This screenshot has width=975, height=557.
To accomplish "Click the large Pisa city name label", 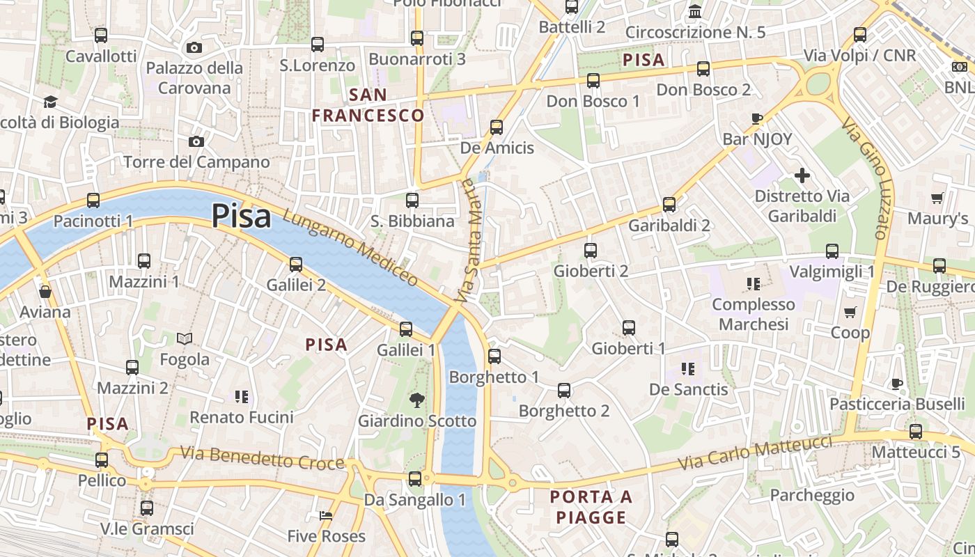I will [x=241, y=216].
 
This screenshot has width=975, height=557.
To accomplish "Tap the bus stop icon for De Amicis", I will [x=496, y=127].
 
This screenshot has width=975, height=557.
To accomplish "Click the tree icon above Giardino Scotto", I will [x=416, y=400].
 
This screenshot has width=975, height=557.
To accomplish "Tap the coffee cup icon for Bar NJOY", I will [x=757, y=118].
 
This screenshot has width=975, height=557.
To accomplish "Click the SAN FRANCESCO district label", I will [x=368, y=105].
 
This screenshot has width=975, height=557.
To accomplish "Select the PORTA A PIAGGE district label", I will [x=591, y=507].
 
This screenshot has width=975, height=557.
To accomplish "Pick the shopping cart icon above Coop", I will [x=850, y=312].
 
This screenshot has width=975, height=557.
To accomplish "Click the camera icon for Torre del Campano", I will [x=196, y=142].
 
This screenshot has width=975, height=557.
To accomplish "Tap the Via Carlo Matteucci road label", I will [x=756, y=452].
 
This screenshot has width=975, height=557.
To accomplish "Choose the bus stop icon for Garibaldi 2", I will [x=669, y=205].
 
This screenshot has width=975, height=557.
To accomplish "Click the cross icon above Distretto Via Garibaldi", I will [x=802, y=175].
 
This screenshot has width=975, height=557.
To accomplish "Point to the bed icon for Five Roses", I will [x=325, y=516].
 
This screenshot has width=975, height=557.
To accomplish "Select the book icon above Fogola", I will [x=184, y=339].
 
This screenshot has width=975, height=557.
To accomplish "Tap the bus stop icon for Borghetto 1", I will [x=494, y=356].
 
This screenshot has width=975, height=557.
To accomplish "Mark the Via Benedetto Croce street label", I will [x=263, y=457].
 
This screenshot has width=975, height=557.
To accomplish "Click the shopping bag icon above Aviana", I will [x=45, y=292].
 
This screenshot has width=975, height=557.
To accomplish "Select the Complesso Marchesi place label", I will [x=754, y=314].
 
